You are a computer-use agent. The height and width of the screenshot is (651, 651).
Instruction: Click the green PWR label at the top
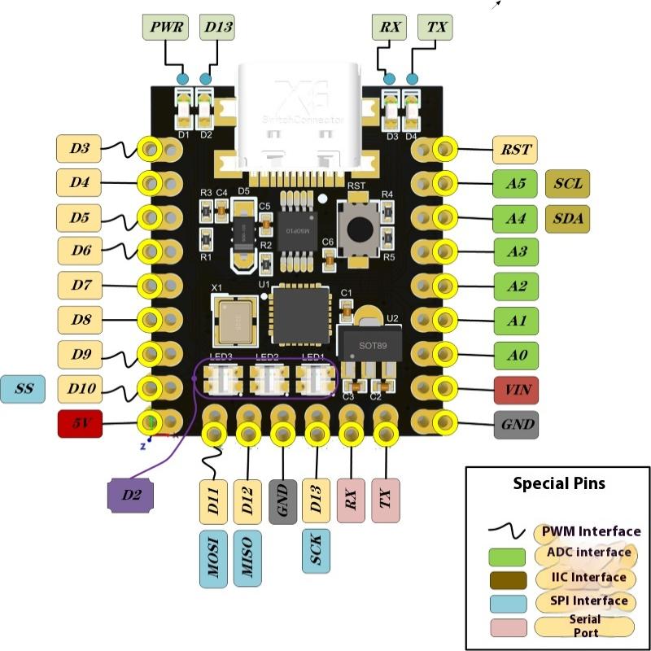point(166,28)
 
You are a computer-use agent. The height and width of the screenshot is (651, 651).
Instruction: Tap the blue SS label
point(24,389)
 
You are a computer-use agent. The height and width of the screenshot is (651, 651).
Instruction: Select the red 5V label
point(79,424)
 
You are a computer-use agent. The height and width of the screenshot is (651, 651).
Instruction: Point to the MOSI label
point(212,558)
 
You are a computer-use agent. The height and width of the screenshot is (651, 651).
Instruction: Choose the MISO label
point(247,558)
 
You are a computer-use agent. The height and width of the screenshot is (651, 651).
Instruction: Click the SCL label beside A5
point(567,184)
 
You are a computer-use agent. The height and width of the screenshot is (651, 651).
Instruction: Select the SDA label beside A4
point(567,218)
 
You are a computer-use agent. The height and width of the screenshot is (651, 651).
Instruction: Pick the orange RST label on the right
point(514,149)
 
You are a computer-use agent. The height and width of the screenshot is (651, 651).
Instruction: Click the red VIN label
point(514,389)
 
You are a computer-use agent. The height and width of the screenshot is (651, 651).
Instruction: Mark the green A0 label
point(514,355)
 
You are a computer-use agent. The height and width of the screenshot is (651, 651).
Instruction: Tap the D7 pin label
point(79,286)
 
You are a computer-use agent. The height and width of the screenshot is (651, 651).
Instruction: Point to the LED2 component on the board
point(267,378)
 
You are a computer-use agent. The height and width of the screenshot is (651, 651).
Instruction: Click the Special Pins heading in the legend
point(558,483)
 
